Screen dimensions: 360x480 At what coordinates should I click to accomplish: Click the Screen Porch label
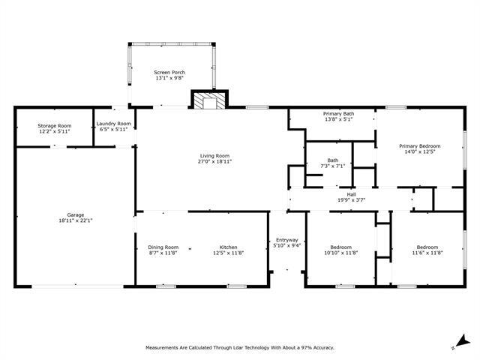click(169, 72)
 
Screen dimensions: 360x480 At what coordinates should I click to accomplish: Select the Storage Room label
click(54, 126)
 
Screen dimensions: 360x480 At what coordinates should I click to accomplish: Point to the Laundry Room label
click(114, 124)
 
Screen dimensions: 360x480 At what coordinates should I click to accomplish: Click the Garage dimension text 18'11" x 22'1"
click(75, 221)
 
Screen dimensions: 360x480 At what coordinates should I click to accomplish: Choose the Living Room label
click(214, 155)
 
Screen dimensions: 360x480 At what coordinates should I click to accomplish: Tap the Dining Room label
click(163, 247)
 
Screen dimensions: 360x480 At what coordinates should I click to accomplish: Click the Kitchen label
click(228, 247)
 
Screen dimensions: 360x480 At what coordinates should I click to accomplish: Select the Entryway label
click(287, 239)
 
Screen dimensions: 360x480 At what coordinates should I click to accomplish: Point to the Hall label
click(351, 194)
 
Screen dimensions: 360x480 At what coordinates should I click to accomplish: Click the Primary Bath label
click(339, 113)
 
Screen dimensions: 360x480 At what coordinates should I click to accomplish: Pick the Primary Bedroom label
click(419, 145)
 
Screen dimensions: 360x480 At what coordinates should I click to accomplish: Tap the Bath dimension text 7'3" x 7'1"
click(333, 166)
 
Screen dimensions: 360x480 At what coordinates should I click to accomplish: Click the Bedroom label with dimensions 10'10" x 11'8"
click(341, 247)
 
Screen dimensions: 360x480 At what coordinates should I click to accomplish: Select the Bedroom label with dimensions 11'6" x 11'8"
click(427, 247)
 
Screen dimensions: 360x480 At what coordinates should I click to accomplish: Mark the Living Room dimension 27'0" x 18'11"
click(214, 162)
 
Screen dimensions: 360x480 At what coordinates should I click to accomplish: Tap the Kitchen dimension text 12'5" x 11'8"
click(228, 253)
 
